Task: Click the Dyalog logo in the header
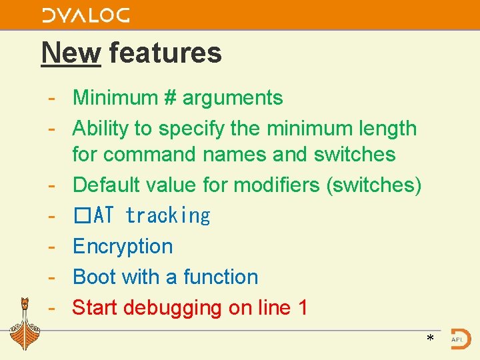tap(85, 15)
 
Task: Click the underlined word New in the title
tap(71, 53)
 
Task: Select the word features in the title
tap(165, 53)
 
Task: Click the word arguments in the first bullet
tap(233, 98)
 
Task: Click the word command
tap(141, 155)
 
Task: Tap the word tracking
tap(167, 216)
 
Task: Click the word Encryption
tap(123, 247)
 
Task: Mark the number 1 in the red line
tap(303, 308)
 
